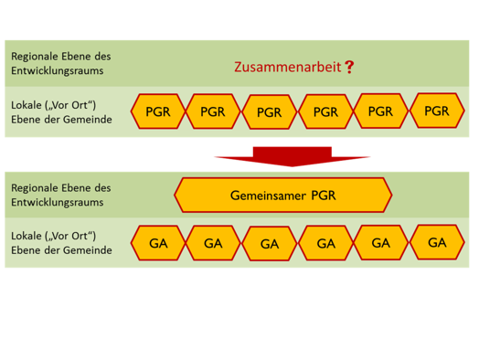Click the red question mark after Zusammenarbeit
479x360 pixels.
tap(348, 68)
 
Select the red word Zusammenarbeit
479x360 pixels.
tap(286, 68)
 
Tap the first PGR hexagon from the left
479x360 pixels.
tap(158, 111)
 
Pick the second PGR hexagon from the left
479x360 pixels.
tap(212, 111)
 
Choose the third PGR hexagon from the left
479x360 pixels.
tap(269, 112)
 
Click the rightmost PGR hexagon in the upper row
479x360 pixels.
tap(437, 111)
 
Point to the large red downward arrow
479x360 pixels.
tap(292, 155)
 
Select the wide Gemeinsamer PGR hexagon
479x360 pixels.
tap(283, 196)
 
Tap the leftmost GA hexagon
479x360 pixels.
tap(158, 243)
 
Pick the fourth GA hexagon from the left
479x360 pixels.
tap(325, 243)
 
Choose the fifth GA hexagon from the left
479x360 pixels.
tap(381, 243)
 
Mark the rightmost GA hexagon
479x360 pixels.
tap(437, 242)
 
